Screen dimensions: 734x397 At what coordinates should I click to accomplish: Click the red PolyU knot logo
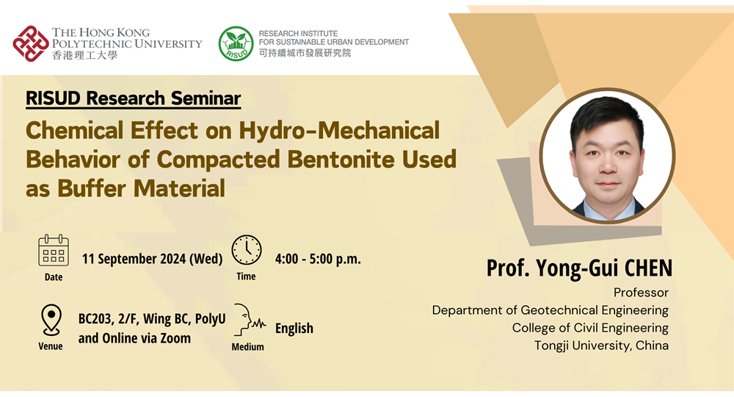tap(31, 43)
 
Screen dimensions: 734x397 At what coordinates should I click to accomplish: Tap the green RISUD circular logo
tap(236, 43)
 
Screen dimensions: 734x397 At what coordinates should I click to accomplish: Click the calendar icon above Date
tap(54, 251)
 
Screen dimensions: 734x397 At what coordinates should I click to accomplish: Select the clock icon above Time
tap(247, 250)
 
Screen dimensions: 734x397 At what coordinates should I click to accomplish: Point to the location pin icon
tap(51, 320)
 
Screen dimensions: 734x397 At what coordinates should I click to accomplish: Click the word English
tap(294, 328)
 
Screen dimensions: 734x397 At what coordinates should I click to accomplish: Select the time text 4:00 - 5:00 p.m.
tap(318, 259)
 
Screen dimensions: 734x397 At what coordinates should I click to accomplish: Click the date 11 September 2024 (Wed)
tap(152, 259)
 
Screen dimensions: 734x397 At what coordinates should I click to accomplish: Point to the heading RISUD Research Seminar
tap(134, 99)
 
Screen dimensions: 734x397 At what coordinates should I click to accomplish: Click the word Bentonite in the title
tap(341, 160)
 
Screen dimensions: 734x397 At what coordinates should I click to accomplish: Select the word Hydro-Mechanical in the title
tap(339, 131)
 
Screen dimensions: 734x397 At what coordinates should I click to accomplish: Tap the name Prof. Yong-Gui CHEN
tap(579, 268)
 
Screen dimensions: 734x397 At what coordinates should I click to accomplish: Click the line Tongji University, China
tap(602, 346)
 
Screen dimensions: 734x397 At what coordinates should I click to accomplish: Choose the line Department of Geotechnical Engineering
tap(550, 310)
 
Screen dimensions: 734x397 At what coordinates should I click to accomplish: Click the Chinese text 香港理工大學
tap(84, 55)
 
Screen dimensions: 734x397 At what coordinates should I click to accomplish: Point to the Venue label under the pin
tap(51, 346)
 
